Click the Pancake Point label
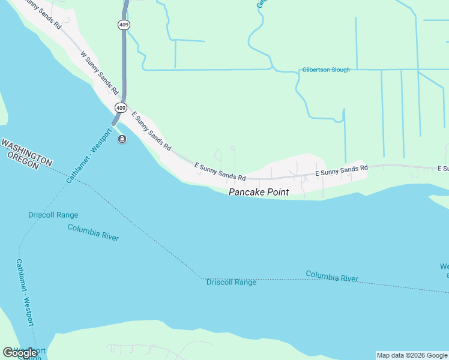pos(258,192)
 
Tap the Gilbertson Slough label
pos(326,70)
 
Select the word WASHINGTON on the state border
pos(26,151)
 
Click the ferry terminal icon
pos(122,140)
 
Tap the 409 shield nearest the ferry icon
pos(121,108)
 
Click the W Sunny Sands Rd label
pos(98,73)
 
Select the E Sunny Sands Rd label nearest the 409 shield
pos(151,130)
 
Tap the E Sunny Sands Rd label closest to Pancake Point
pos(220,172)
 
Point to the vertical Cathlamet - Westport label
pos(25,292)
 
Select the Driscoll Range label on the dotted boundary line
pos(232,282)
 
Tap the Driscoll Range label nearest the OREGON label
pos(53,215)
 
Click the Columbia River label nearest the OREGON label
pos(93,232)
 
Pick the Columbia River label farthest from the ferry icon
pos(332,277)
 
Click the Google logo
pos(20,353)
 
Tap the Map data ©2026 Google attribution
pos(412,355)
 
